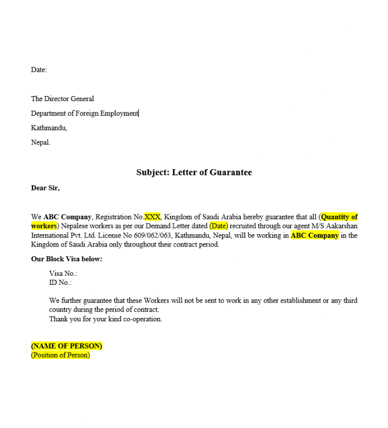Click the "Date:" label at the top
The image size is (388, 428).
pos(39,70)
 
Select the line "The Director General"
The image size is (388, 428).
pos(62,99)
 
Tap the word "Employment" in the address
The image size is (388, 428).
pos(119,113)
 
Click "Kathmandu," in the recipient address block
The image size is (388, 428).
pos(49,128)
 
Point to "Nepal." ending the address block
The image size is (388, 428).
pos(40,143)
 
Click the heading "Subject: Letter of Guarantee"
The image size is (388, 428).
pos(194,172)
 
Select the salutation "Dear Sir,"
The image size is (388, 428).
pos(45,188)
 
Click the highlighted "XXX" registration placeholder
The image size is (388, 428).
pos(152,217)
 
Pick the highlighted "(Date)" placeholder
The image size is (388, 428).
pos(219,226)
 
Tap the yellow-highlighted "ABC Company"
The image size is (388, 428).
pos(315,235)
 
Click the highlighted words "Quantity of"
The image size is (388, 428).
pos(339,217)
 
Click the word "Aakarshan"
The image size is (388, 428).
pos(340,226)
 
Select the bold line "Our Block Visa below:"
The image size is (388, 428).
pos(66,259)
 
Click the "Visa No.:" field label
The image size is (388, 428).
pos(63,274)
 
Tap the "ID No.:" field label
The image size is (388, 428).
pos(61,283)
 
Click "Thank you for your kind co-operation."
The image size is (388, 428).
pos(105,319)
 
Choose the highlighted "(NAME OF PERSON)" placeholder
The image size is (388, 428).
pos(66,346)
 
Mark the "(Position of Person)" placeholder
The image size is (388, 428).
pos(60,355)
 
